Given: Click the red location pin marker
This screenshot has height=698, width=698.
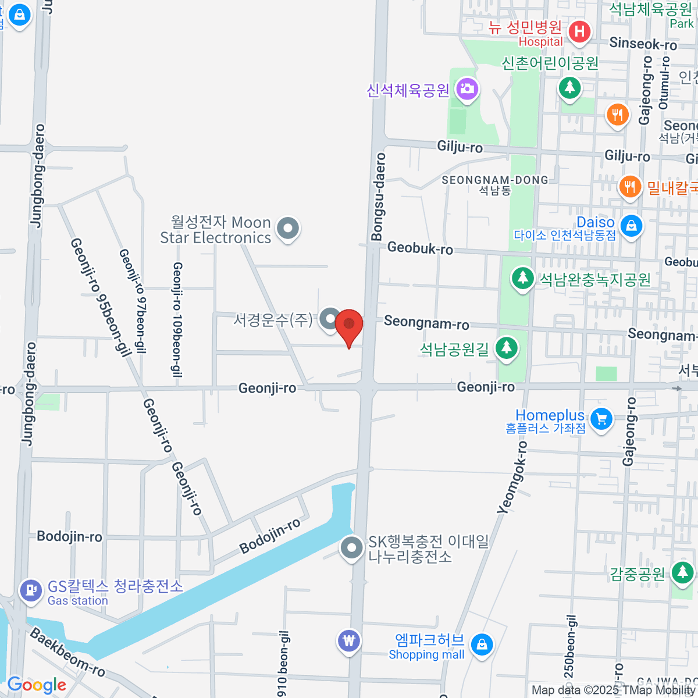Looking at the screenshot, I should point(349,325).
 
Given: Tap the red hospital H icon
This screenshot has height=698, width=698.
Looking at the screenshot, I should point(579,31).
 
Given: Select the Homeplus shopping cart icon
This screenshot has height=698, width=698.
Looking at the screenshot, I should point(601,418).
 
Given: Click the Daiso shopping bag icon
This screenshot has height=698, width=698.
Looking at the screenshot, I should point(631,226).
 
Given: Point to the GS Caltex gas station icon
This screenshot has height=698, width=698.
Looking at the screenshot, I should point(30,590).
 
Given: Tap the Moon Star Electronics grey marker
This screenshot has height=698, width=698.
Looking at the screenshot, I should point(287,228).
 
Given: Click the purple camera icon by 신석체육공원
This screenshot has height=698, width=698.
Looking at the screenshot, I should point(466,90).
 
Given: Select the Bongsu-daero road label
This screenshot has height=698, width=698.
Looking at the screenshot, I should point(378,197).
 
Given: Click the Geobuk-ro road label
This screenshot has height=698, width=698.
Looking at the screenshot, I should point(420,248).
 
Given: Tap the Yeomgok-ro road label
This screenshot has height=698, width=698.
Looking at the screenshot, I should point(512,478).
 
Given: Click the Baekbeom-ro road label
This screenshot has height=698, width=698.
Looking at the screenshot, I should point(67,652).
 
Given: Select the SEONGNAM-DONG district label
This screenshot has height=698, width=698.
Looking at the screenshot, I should point(495,180).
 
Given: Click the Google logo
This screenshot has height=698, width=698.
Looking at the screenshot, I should point(37,685).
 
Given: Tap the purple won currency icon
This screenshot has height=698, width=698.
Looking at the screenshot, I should point(349,641).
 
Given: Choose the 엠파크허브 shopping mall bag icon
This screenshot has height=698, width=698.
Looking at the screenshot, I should point(482,644).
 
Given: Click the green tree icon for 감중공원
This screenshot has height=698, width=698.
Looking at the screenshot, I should point(682,572).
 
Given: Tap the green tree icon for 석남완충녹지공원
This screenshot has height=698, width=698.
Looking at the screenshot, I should point(522,278).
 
